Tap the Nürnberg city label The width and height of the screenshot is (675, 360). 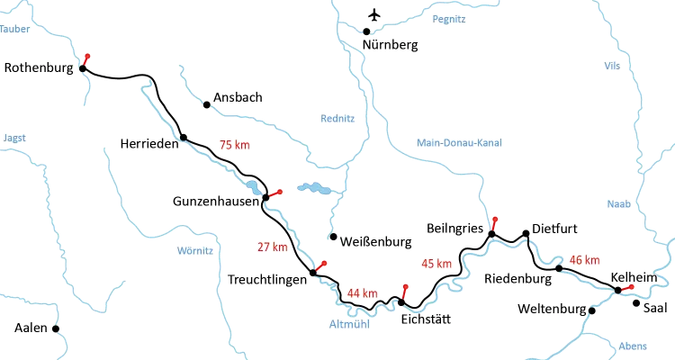point(389,44)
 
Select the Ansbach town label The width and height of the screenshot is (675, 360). point(238,97)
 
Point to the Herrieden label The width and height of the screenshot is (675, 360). point(148,144)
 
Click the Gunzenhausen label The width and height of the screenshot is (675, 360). point(217,204)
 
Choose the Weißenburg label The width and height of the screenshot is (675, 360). point(375,242)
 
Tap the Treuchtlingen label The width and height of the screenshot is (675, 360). point(265,280)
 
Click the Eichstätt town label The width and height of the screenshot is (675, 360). point(423,319)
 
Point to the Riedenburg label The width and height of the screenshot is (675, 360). point(517,279)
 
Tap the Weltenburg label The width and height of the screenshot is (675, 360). point(551,310)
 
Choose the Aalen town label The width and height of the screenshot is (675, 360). point(31,328)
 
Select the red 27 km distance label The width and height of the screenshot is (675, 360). point(273,247)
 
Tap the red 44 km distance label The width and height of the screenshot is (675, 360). point(362,293)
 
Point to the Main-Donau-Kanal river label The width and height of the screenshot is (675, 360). point(461,142)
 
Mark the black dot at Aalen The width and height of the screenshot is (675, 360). point(54,328)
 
